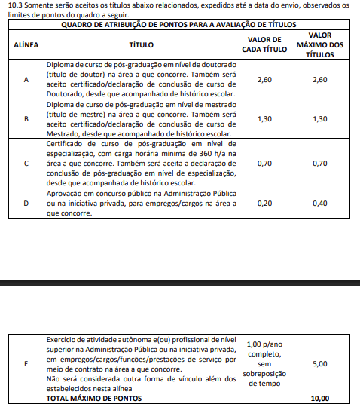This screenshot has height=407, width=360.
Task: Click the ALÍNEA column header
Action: [x=26, y=45]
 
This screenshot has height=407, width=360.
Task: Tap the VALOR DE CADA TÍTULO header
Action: [x=264, y=45]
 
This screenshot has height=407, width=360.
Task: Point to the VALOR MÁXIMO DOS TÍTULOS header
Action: [x=319, y=45]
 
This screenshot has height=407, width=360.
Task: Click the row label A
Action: [x=26, y=80]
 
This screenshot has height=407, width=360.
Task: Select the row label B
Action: [x=26, y=119]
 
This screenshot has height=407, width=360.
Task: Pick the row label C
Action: [x=26, y=163]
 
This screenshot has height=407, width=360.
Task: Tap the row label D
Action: [x=26, y=203]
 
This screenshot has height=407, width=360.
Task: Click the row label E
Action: [x=26, y=364]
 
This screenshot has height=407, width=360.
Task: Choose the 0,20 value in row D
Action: [x=264, y=203]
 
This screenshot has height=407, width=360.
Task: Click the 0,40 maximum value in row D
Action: [x=319, y=203]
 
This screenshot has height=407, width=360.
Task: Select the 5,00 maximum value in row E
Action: [x=319, y=364]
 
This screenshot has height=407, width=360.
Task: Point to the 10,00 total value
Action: [x=319, y=397]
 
